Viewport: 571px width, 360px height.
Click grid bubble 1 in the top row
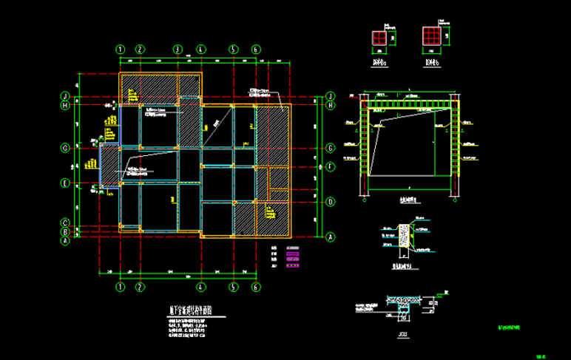point(121,49)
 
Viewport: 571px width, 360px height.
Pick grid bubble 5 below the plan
point(233,286)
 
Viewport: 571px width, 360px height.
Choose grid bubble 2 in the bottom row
point(139,286)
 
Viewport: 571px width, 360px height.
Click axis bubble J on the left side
point(65,96)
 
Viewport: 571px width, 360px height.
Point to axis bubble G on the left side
point(65,148)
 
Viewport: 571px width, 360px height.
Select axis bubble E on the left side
point(65,183)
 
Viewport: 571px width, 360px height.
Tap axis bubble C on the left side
point(65,223)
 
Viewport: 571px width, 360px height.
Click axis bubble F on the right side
point(331,166)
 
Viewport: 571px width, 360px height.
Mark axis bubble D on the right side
point(331,201)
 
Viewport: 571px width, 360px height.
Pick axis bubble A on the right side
point(331,237)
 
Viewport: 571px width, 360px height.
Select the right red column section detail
point(431,36)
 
